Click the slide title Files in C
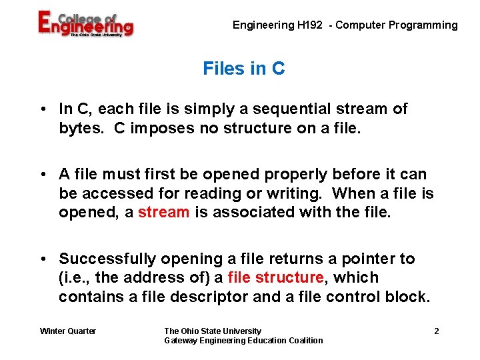pos(243,69)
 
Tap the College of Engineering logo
pos(85,25)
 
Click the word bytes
pos(80,127)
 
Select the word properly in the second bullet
pos(295,175)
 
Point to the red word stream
pos(164,212)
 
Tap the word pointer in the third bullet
pos(363,259)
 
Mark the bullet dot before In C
pos(42,109)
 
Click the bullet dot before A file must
pos(42,175)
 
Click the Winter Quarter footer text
pos(68,331)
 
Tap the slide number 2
pos(436,331)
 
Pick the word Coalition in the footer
pos(303,341)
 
